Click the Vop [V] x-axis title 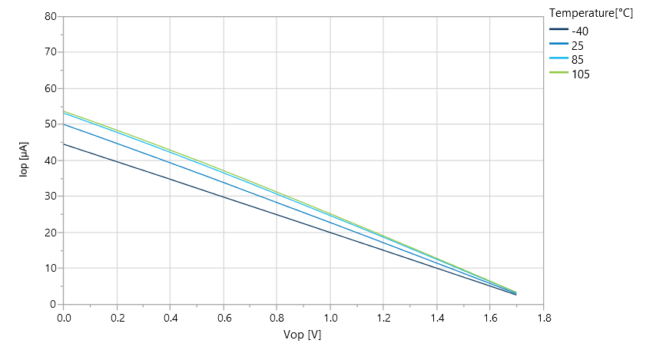click(x=303, y=335)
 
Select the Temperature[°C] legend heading click(x=591, y=12)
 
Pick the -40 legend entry click(x=580, y=31)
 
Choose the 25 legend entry click(x=578, y=46)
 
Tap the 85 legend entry click(x=578, y=60)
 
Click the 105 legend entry click(x=581, y=74)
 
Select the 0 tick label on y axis click(x=53, y=305)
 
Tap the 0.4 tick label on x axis click(x=170, y=317)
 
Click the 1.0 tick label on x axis click(x=330, y=317)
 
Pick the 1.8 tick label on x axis click(x=543, y=317)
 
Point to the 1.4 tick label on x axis click(x=436, y=317)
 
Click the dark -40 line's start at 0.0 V click(x=65, y=144)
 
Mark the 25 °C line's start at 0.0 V click(x=65, y=124)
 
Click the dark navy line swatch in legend click(x=558, y=31)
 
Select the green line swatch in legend click(x=558, y=74)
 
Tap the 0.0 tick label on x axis click(x=64, y=317)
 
